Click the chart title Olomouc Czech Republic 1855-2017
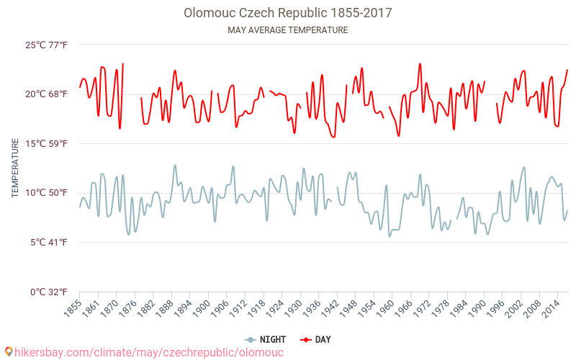coord(288,13)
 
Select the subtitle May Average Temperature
coord(288,30)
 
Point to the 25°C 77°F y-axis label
coord(47,45)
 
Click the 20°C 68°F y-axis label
coord(47,94)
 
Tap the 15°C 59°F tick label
coord(47,144)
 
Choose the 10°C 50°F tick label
coord(47,193)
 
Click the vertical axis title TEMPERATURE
coord(15,168)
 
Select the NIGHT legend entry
coord(266,339)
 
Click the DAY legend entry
coord(316,339)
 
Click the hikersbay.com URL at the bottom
coord(149,352)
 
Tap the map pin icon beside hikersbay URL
coord(9,352)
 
